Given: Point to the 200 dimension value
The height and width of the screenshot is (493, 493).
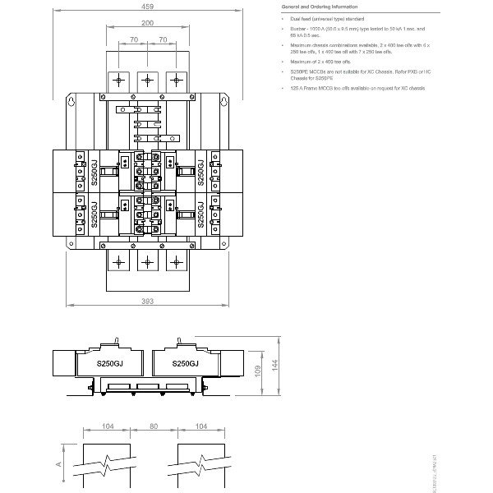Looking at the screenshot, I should click(146, 22).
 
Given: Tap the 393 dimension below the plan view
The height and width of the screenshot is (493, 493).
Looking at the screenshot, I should click(147, 302).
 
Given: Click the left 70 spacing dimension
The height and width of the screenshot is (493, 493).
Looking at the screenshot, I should click(132, 39).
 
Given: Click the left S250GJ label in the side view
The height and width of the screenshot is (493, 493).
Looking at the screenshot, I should click(110, 363).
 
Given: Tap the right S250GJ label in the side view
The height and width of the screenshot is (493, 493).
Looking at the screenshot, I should click(185, 363).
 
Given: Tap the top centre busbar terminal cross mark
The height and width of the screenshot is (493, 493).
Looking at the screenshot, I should click(147, 81).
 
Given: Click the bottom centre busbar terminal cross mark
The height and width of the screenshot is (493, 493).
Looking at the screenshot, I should click(147, 260).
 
